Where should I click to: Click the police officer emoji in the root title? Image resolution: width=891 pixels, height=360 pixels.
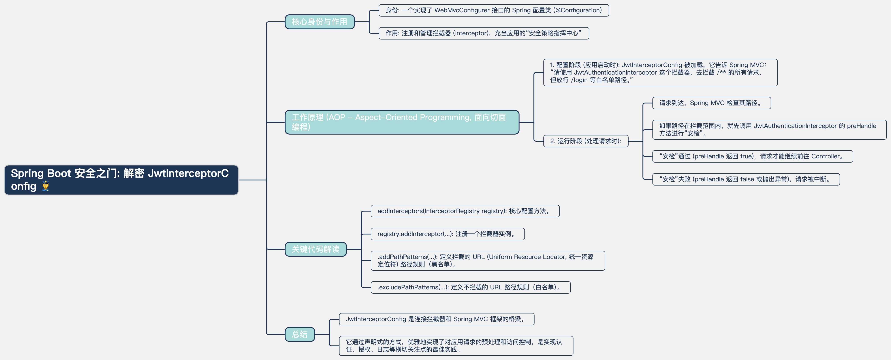(x=45, y=186)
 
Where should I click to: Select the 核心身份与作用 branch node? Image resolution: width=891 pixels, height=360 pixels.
(x=319, y=22)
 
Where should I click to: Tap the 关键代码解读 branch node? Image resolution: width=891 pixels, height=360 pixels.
(x=316, y=249)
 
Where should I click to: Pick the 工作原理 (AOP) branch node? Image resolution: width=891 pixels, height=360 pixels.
(x=402, y=122)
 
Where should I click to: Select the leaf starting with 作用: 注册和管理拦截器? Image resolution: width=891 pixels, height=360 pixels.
(x=483, y=33)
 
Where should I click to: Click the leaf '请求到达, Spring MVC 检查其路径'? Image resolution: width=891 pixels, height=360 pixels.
(x=711, y=103)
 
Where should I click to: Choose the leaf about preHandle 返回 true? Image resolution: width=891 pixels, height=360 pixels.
(x=752, y=156)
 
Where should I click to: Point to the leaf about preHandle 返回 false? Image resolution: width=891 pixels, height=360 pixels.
(x=746, y=179)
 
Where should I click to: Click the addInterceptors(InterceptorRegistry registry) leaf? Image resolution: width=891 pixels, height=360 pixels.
(x=464, y=211)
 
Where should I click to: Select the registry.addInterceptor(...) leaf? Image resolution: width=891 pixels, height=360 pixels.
(x=447, y=234)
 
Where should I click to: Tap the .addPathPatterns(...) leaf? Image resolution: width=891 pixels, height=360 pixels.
(x=487, y=260)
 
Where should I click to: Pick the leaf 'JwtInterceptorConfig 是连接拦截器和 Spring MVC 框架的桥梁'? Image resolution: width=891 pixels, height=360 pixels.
(x=436, y=319)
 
